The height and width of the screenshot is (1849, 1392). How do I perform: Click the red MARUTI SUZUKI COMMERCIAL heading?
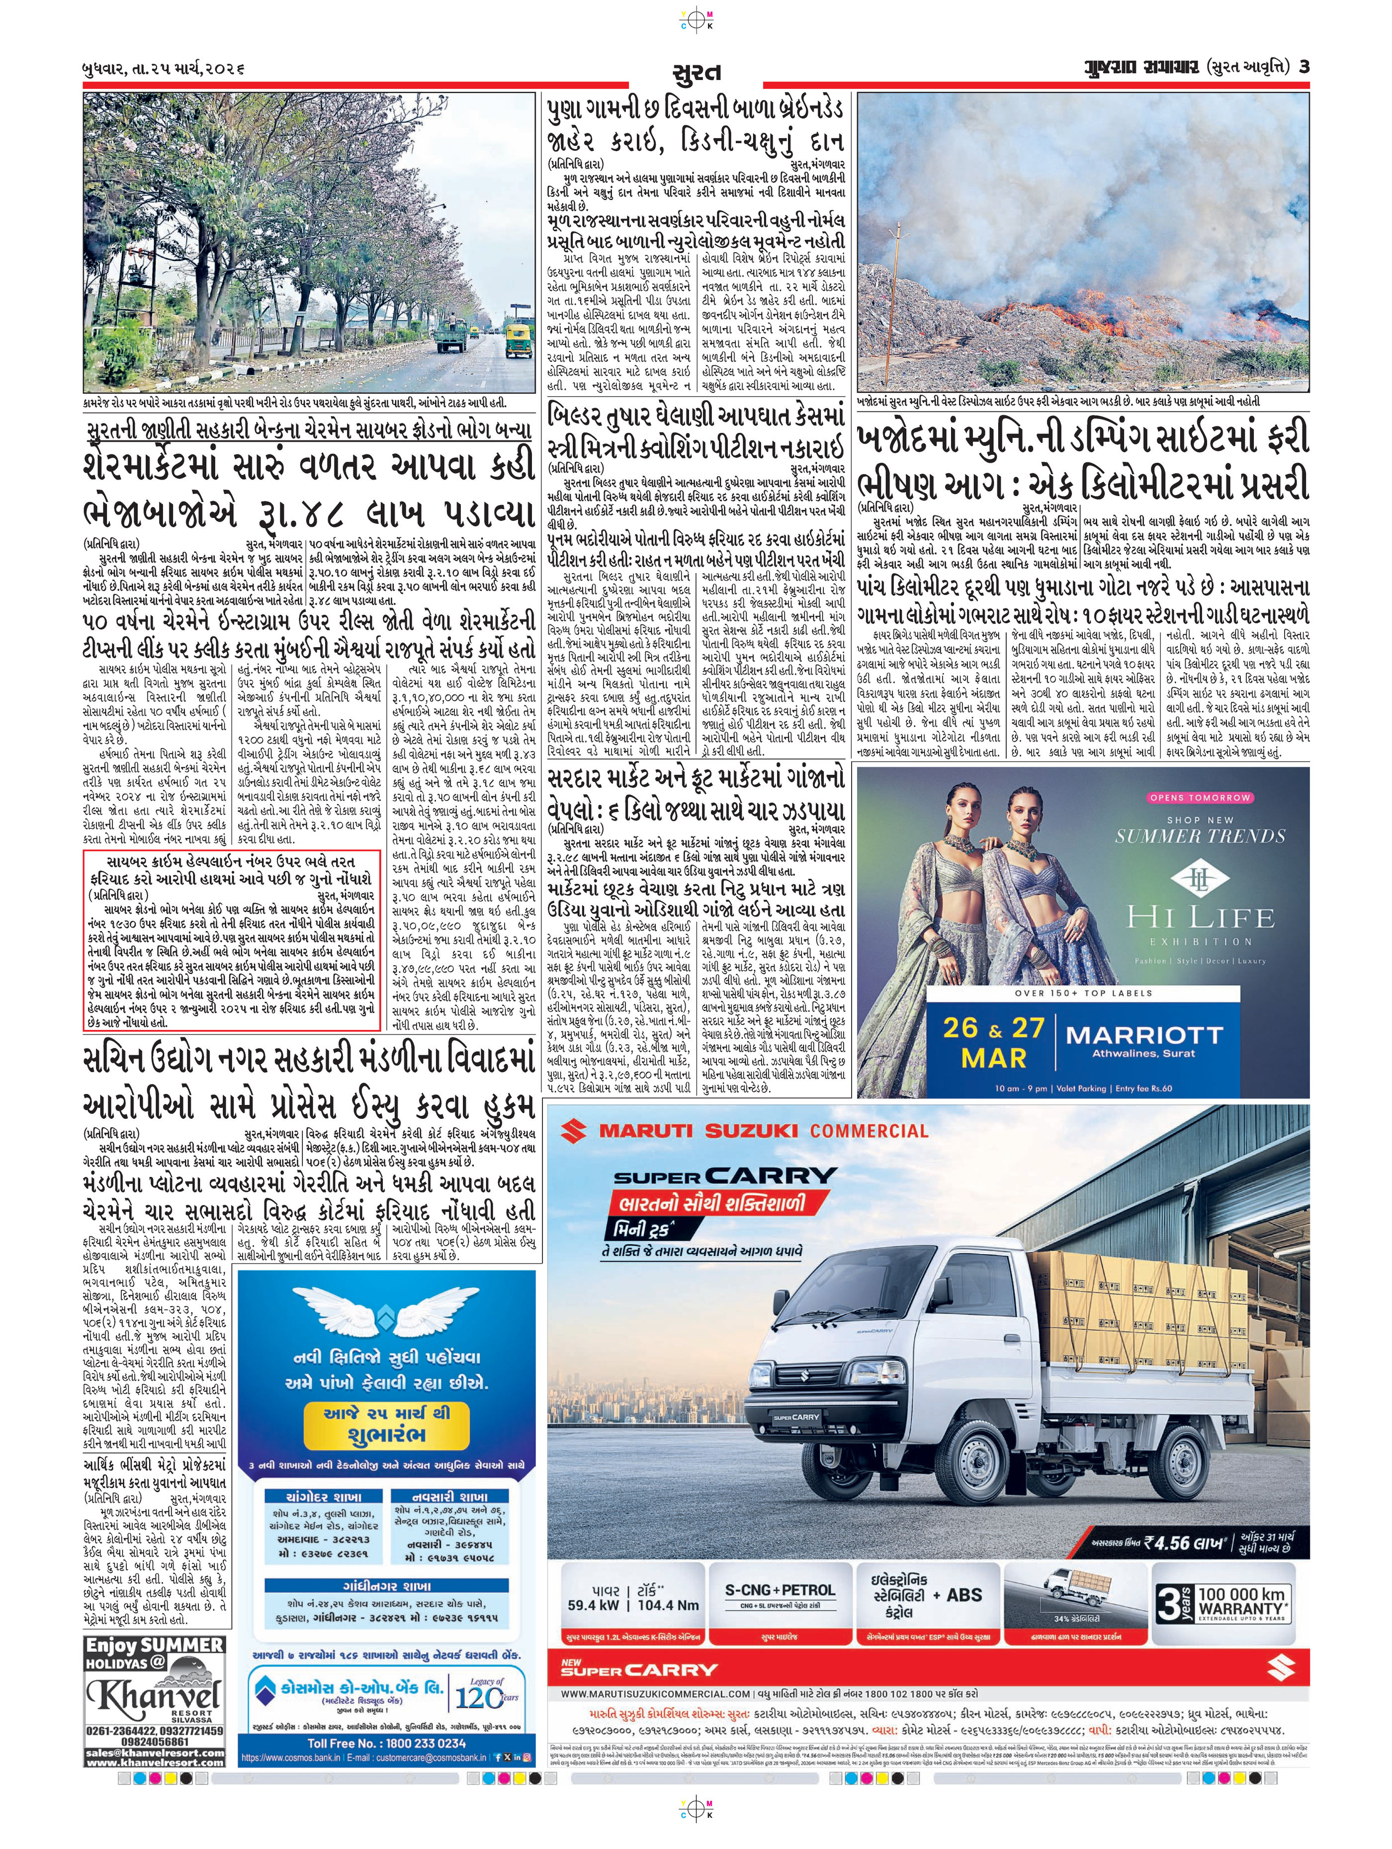pos(763,1131)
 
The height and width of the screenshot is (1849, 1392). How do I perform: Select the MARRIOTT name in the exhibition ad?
pos(1144,1035)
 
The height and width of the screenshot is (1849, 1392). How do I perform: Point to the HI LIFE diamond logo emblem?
pos(1200,879)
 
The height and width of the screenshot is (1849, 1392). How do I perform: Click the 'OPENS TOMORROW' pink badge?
pos(1200,797)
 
